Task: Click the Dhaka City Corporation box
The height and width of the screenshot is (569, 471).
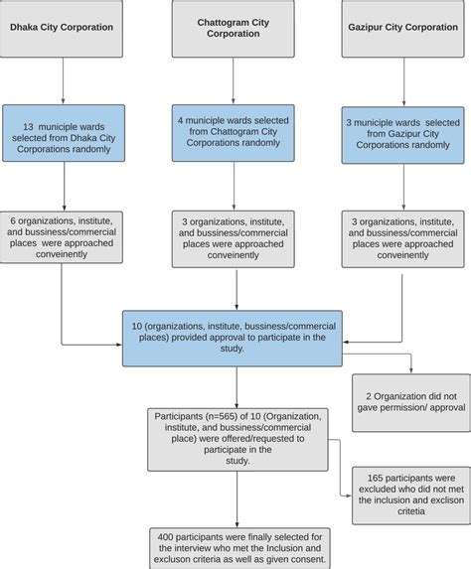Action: (x=64, y=28)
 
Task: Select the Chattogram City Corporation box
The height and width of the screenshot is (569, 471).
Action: (x=235, y=27)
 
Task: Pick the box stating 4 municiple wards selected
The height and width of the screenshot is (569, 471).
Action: (x=235, y=131)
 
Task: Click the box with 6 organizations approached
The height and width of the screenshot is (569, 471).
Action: (x=64, y=236)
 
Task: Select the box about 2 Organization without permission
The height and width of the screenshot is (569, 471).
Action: (x=409, y=402)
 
